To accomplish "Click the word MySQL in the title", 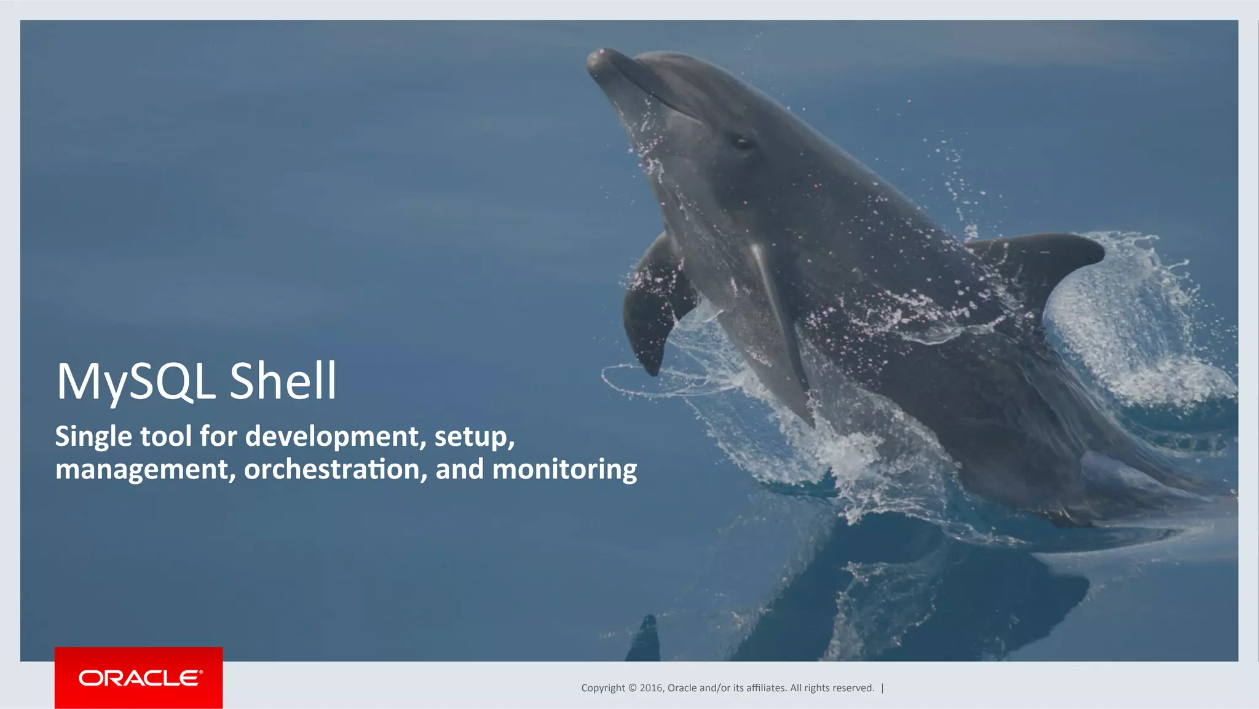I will (x=136, y=382).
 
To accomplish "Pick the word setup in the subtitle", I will (x=473, y=437).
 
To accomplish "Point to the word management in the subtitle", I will (x=145, y=470).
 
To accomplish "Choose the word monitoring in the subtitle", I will (x=564, y=470).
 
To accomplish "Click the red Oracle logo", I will (x=139, y=678).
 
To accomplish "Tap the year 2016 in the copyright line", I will (x=651, y=688).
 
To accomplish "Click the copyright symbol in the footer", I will (x=632, y=688).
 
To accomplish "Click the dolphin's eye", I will (x=743, y=143).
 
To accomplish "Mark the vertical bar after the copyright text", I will (x=883, y=688).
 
